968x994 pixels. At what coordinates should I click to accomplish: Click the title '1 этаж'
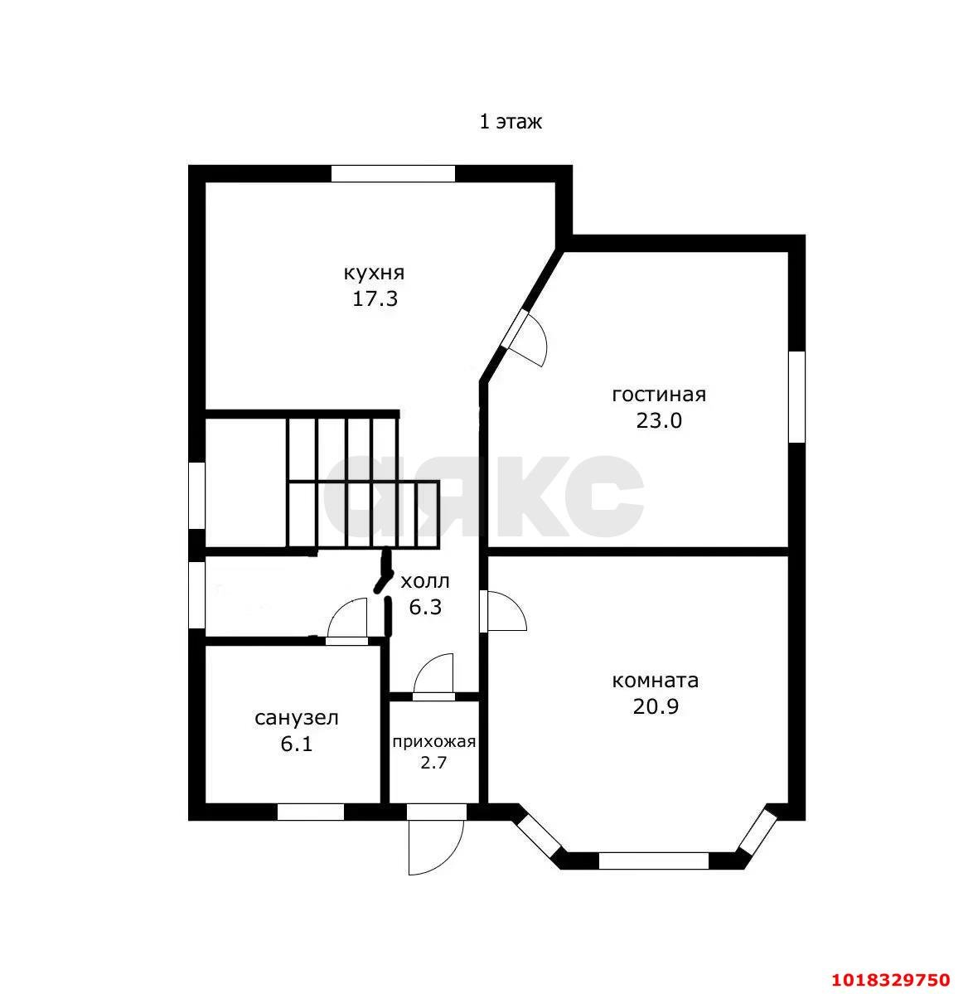[511, 121]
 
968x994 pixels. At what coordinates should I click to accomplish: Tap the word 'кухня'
[374, 274]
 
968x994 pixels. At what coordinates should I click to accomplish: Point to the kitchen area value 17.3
[375, 298]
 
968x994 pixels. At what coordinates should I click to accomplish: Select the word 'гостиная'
[659, 395]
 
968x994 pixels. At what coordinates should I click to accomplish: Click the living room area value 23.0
[659, 420]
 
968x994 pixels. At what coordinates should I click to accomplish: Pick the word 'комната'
[656, 681]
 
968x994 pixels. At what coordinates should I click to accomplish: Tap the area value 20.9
[656, 706]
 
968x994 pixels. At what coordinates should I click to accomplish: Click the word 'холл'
[425, 581]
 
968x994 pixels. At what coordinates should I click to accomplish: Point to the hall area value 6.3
[425, 608]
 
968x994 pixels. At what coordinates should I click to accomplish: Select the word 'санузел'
[297, 718]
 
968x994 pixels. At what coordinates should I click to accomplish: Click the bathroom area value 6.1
[297, 744]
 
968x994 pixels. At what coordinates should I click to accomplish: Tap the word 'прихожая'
[433, 742]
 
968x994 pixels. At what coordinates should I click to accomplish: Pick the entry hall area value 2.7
[433, 762]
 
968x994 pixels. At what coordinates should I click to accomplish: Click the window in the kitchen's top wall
[393, 174]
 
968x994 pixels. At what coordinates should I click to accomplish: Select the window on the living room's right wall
[796, 397]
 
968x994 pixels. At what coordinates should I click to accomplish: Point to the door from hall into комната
[503, 611]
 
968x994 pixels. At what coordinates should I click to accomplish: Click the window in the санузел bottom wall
[311, 812]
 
